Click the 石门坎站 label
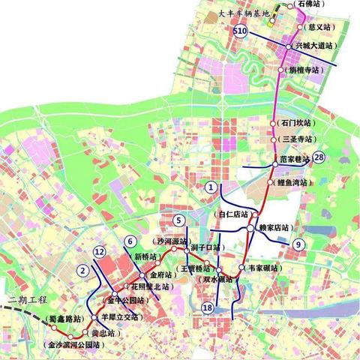[x=295, y=121]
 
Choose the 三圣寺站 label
[x=295, y=139]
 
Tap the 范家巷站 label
[x=291, y=159]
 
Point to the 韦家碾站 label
[x=262, y=267]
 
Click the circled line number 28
[x=319, y=157]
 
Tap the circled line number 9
[x=298, y=243]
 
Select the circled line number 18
[x=207, y=306]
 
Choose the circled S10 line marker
[x=239, y=31]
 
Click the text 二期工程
[x=21, y=299]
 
